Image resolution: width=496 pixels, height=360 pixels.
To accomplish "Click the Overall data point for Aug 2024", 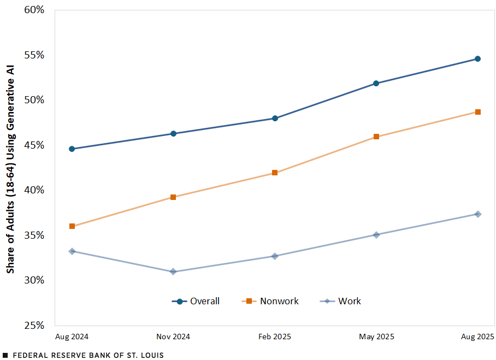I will coord(72,149).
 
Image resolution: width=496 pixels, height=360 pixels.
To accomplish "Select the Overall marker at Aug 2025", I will coord(477,58).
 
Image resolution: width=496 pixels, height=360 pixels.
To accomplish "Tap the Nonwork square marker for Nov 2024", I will coord(173,197).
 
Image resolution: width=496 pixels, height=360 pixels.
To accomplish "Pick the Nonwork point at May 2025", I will coord(376,137).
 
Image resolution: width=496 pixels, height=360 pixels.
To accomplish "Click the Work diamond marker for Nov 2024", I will coord(173,272).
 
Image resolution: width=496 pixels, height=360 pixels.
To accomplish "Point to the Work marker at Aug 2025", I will coord(477,214).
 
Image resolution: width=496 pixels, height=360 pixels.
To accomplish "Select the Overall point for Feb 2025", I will coord(275,118).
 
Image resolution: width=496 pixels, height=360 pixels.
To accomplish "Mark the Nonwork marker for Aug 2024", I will coord(72,226).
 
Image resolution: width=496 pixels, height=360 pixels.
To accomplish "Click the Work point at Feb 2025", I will coord(275,256).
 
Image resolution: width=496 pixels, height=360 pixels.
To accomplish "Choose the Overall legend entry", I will coord(196,301).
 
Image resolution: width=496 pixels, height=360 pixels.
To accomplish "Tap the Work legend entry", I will coord(341,301).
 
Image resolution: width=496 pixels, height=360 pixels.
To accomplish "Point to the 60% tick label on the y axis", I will coord(35,10).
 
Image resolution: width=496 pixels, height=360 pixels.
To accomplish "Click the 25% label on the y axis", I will coord(35,325).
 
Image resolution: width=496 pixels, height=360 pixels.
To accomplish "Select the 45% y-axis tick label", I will coord(35,145).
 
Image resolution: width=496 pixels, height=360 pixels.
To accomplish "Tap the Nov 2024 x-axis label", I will coord(173,337).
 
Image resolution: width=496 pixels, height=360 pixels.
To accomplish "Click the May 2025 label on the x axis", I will coord(376,337).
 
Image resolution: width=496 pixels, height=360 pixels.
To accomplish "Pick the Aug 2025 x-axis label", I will coord(477,337).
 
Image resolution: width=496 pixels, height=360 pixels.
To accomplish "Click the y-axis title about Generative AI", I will coord(10,168).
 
